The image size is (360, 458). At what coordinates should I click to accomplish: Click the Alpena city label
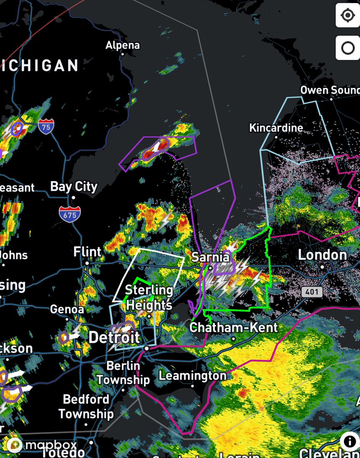123,45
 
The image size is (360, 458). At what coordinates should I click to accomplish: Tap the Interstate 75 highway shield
46,127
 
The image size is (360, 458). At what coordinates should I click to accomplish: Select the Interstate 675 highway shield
70,214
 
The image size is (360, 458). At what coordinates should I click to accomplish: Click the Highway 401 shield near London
312,292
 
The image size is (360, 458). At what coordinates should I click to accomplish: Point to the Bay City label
74,187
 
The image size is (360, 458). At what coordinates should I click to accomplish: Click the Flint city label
87,252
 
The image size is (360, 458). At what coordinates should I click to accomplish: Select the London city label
322,255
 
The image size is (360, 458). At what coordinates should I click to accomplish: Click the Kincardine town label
276,128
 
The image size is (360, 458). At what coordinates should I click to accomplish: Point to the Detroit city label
114,337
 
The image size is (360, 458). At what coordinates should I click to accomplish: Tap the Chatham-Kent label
234,327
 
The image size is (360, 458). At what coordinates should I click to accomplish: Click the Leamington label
192,376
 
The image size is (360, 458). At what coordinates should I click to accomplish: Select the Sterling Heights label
149,297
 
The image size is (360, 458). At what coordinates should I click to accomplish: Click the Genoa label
67,309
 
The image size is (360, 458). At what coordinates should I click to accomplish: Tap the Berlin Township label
123,373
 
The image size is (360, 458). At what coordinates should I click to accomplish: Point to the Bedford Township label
86,406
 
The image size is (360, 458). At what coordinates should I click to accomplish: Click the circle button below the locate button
347,48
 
